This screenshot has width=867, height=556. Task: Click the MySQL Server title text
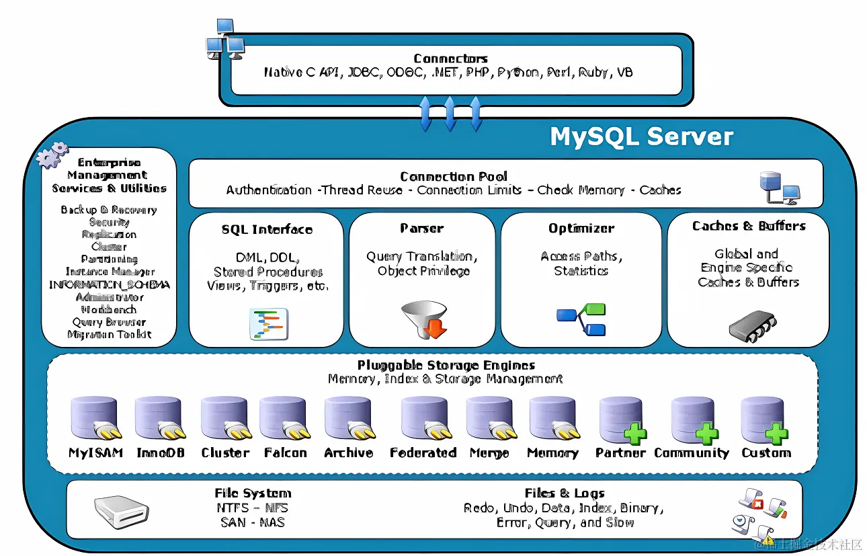pos(641,136)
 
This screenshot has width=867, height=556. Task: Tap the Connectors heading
pos(450,58)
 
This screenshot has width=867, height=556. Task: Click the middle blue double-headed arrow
pos(450,113)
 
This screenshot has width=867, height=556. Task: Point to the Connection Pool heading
pos(454,176)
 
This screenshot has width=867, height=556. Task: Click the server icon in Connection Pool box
pos(778,188)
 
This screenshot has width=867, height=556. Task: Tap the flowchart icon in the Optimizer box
pos(581,319)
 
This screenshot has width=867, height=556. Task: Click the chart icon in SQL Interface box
pos(268,323)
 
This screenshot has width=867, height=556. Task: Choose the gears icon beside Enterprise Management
pos(52,155)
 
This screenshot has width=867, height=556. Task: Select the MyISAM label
pos(95,452)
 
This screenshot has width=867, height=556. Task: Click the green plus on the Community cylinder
pos(706,433)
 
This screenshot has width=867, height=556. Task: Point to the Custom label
pos(766,452)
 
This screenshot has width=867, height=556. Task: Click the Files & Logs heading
pos(565,493)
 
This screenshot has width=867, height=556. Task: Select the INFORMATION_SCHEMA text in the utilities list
pos(110,284)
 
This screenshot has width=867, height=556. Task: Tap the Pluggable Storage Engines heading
pos(446,365)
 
